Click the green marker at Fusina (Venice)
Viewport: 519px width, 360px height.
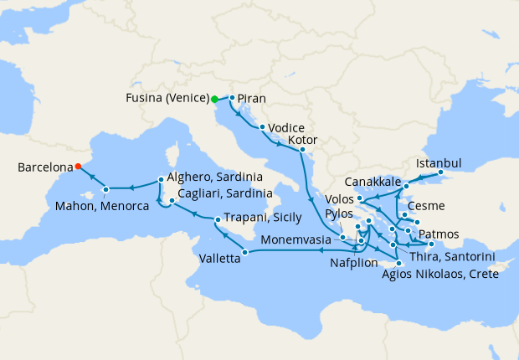214,99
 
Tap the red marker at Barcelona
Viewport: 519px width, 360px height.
78,166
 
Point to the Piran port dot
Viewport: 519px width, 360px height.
231,97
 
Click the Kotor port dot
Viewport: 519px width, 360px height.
301,150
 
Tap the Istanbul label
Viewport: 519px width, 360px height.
439,162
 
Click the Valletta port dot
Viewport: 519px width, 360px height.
244,252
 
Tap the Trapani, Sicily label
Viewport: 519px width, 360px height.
265,219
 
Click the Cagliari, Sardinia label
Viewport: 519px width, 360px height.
224,193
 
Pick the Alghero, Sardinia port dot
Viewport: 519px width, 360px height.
161,178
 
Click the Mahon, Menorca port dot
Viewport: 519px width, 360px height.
105,189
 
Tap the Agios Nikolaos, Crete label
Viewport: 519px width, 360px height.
439,274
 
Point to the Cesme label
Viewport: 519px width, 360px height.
427,206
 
